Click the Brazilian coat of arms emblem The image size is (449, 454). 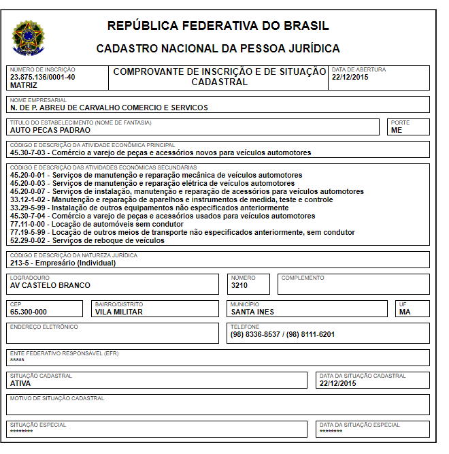coord(28,37)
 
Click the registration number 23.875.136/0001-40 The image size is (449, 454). coord(42,77)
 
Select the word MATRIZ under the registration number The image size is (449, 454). coord(24,85)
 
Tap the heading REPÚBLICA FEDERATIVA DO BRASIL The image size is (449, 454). coord(218,27)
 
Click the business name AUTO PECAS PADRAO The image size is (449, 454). coord(50,130)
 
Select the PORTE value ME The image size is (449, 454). coord(396,130)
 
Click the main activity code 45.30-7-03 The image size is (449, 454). coord(29,152)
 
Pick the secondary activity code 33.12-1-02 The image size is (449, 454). coord(29,199)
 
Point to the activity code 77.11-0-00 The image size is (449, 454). coord(29,224)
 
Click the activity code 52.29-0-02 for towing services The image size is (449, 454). coord(29,240)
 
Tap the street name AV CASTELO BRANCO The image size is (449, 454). coord(50,285)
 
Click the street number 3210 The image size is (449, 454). coord(239,285)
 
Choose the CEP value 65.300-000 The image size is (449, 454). coord(29,312)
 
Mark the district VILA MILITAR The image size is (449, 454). coord(119,312)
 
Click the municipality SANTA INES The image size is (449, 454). coord(252,312)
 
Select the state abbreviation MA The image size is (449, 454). coord(405,312)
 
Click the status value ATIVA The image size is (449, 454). coord(20,383)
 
